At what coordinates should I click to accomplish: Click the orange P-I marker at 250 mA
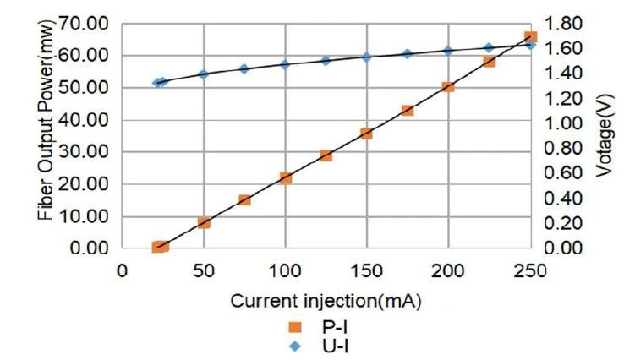tap(530, 37)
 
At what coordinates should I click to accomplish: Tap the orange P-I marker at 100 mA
tap(286, 178)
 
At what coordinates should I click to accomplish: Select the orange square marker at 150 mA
tap(367, 134)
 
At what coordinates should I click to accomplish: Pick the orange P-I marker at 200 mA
tap(448, 87)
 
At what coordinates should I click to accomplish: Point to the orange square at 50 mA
tap(204, 223)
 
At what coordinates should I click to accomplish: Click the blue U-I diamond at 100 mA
tap(286, 64)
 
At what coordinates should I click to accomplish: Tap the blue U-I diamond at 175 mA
tap(408, 54)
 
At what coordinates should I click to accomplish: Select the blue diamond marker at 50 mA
tap(204, 74)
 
